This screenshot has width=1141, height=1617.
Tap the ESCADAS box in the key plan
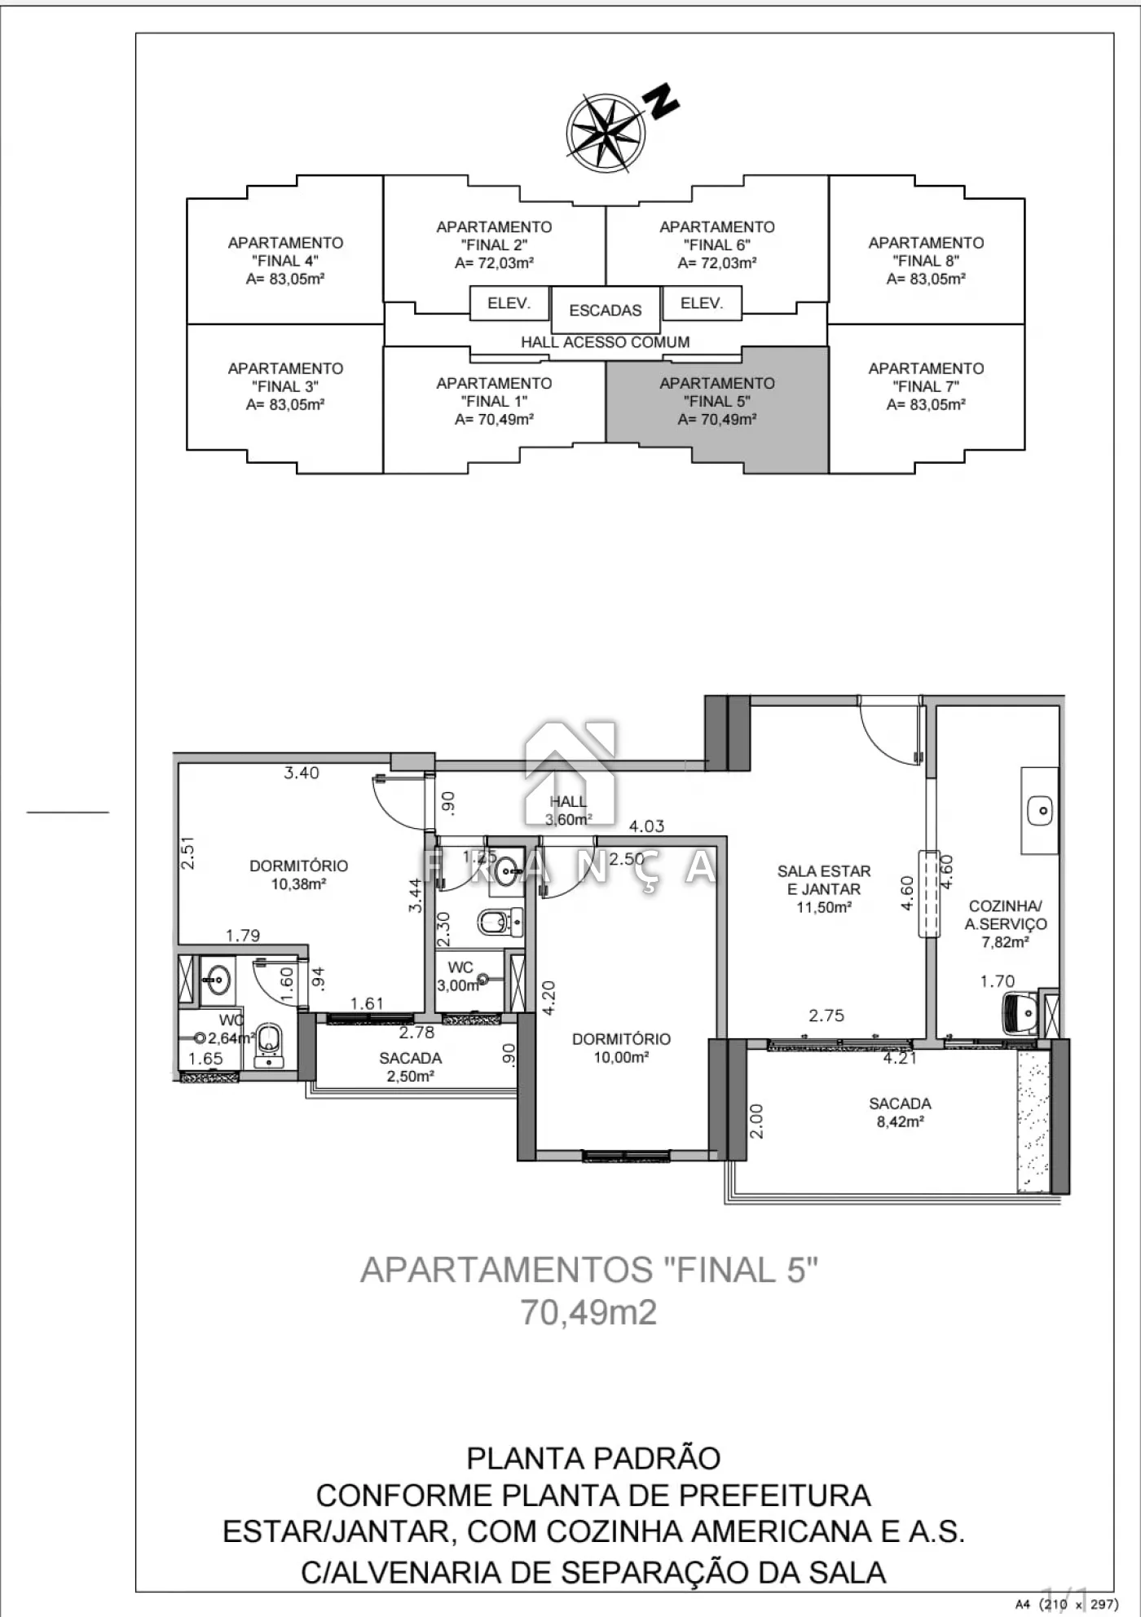(606, 310)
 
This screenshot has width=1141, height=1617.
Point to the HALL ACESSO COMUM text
(606, 342)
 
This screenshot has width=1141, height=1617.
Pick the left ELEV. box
(509, 303)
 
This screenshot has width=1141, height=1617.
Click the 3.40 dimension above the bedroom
(302, 773)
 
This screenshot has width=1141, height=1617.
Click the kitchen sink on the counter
(1040, 811)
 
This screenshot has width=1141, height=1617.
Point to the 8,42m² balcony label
(900, 1121)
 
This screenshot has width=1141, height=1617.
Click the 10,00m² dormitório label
(621, 1057)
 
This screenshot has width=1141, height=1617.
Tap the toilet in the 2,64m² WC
(269, 1044)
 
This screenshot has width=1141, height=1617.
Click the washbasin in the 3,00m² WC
(506, 870)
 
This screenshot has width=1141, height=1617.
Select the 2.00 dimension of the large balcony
(756, 1121)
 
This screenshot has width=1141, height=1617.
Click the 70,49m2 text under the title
(588, 1313)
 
